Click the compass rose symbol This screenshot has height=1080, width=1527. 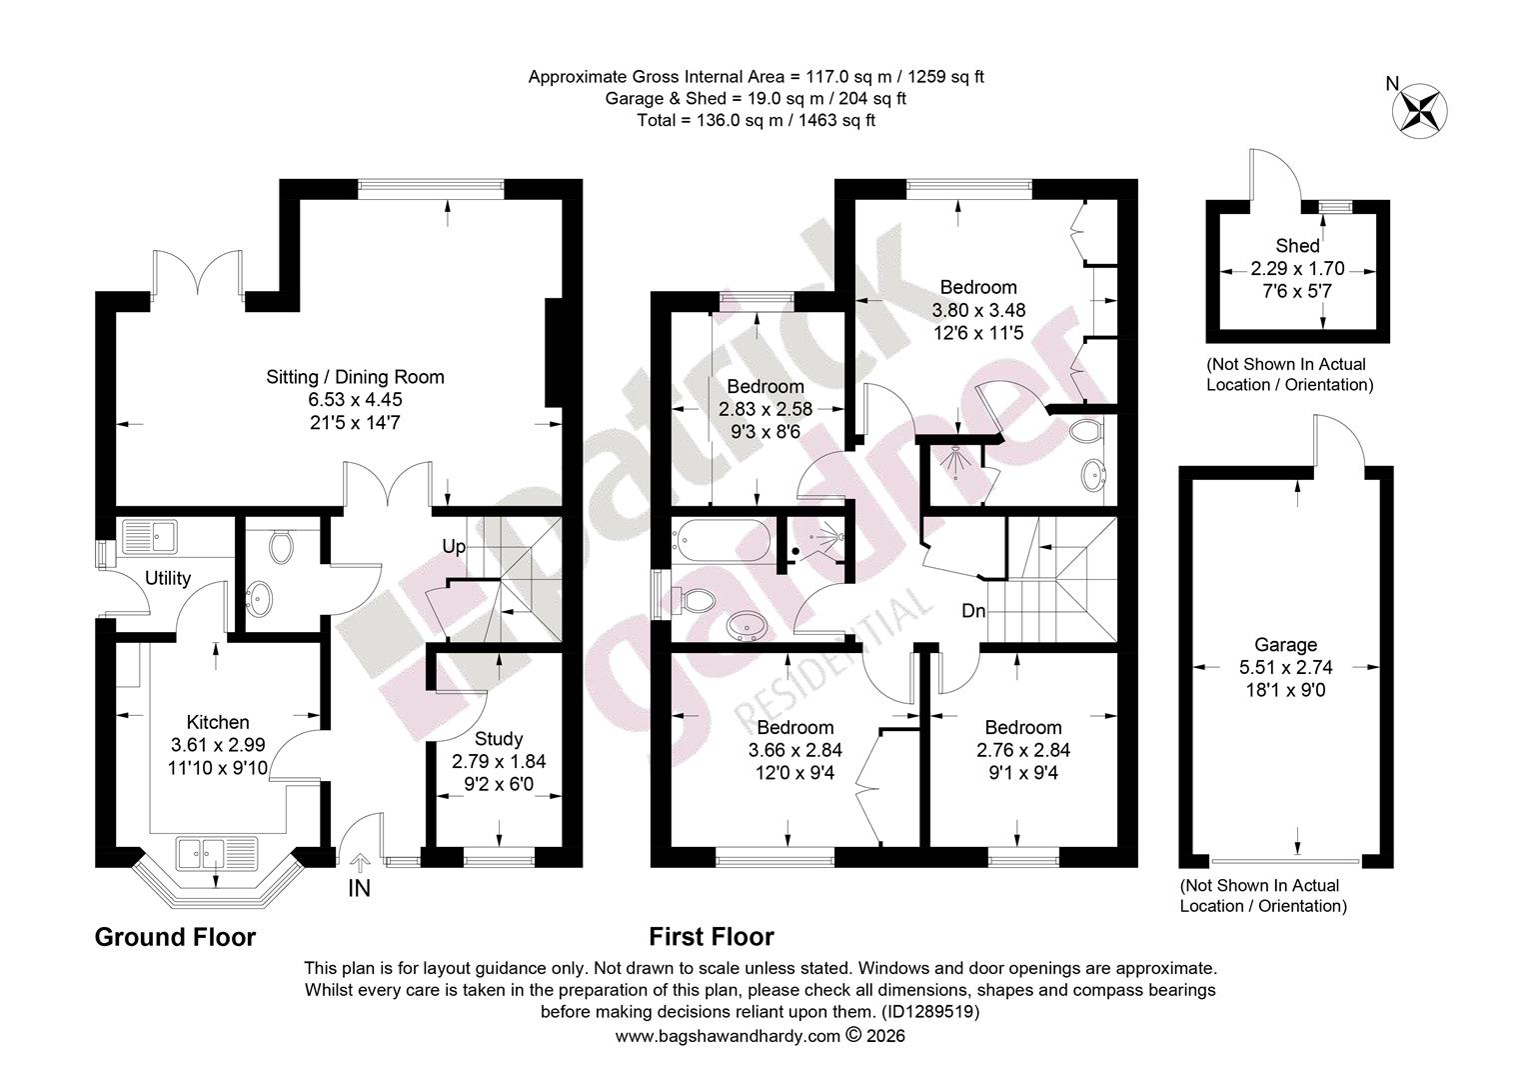tap(1419, 112)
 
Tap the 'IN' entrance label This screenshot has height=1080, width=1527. tap(359, 888)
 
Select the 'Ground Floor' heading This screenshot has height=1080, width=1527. tap(175, 937)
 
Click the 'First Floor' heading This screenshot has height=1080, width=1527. tap(712, 937)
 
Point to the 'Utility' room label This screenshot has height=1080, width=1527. tap(168, 579)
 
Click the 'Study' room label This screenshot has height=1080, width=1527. tap(499, 739)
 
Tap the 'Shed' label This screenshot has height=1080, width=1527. tap(1297, 246)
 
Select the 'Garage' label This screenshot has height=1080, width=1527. tap(1286, 645)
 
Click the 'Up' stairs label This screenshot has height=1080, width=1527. tap(454, 547)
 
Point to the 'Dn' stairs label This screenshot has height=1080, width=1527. tap(973, 611)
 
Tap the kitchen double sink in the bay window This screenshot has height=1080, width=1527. tap(218, 853)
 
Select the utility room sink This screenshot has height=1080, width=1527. tap(149, 536)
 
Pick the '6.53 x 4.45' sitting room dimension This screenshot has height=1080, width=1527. tap(355, 400)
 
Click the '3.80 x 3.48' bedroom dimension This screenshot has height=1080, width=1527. tap(978, 310)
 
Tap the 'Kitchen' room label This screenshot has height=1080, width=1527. tap(218, 723)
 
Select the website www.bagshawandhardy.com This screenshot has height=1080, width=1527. tap(728, 1036)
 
